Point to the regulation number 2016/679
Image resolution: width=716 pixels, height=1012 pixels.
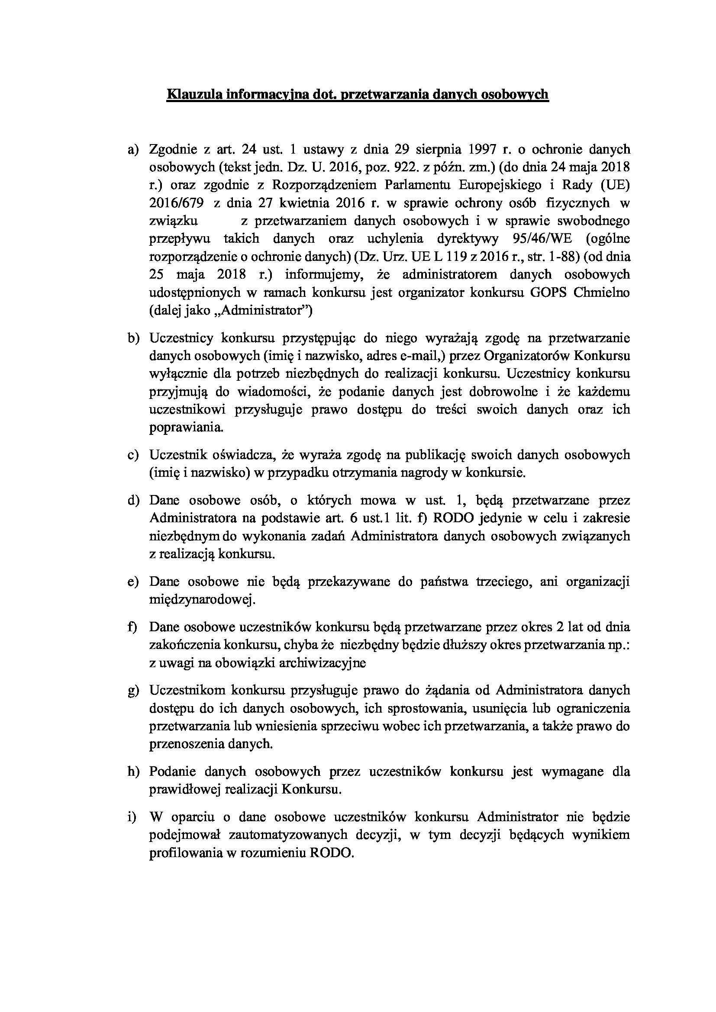(176, 203)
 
